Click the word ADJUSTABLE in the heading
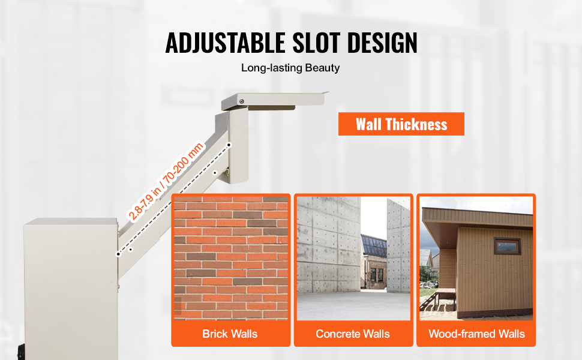click(225, 43)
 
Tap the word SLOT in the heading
click(316, 43)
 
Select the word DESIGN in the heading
click(382, 43)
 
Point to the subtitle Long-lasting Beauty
click(290, 68)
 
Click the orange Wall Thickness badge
click(401, 124)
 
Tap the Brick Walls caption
click(230, 334)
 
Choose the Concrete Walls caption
click(353, 334)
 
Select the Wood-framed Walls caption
click(476, 334)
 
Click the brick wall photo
click(231, 258)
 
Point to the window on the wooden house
click(507, 246)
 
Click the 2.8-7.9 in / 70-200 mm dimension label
click(166, 181)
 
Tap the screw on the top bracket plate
click(242, 101)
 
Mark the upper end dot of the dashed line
click(229, 145)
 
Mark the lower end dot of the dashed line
click(118, 254)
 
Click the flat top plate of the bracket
click(275, 100)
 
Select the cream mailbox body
click(71, 289)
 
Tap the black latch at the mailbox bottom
click(21, 352)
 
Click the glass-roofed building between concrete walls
click(374, 262)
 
